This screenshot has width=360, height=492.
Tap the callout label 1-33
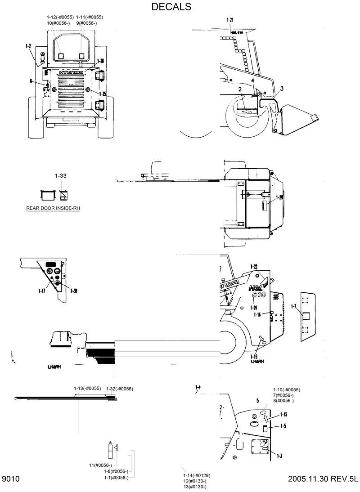(x=61, y=178)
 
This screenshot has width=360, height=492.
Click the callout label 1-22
(x=253, y=267)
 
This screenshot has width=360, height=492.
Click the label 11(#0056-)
(x=103, y=465)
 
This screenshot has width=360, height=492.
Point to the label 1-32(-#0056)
(x=119, y=389)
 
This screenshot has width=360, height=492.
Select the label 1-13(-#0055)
(x=87, y=388)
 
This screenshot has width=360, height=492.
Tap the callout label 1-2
(x=28, y=46)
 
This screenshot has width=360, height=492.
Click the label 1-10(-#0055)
(x=286, y=389)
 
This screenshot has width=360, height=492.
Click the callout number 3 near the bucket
(x=281, y=89)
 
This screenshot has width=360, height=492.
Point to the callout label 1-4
(x=198, y=387)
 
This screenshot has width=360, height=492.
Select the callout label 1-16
(x=257, y=315)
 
